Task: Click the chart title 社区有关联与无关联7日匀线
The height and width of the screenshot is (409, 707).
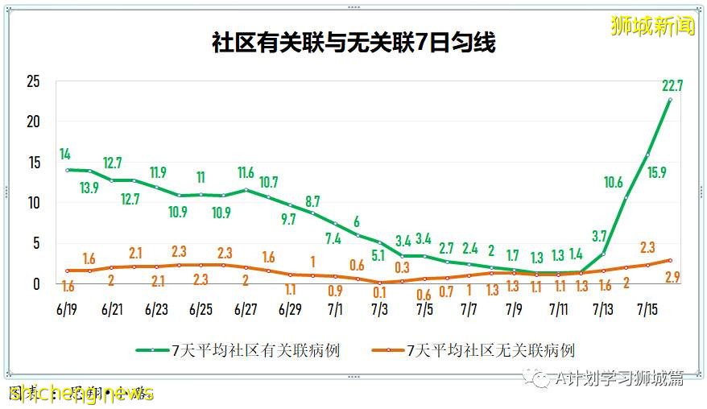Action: [x=353, y=43]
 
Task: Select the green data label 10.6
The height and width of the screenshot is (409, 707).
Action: [x=613, y=183]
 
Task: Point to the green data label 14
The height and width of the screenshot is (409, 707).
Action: [x=65, y=154]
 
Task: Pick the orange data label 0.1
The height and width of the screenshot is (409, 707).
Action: [x=379, y=294]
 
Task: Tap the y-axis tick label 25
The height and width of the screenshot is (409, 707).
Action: [x=33, y=81]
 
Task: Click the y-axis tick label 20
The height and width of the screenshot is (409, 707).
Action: [x=33, y=122]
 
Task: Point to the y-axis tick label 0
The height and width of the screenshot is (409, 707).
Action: [x=37, y=283]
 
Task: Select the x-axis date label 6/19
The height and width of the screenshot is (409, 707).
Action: [x=68, y=308]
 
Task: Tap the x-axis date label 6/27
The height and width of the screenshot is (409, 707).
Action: [x=246, y=308]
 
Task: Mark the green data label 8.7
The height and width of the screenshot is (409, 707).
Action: [x=312, y=200]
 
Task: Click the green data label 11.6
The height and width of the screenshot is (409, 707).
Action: [x=246, y=171]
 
